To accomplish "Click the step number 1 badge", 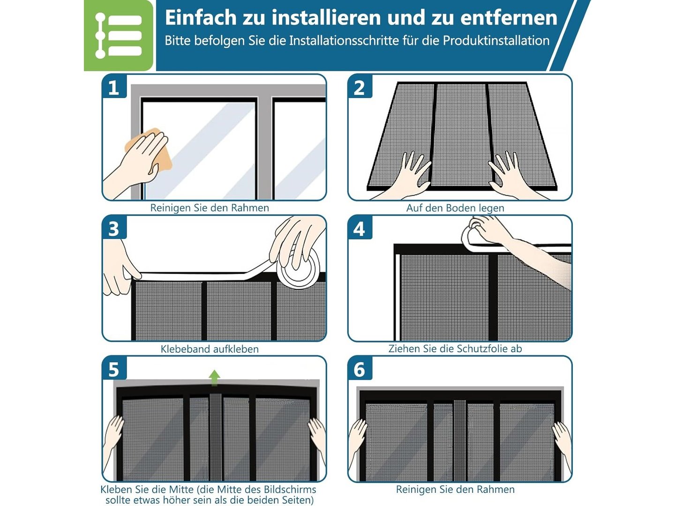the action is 114,87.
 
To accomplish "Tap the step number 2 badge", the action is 360,87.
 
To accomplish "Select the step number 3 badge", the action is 114,228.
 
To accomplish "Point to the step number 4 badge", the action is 360,228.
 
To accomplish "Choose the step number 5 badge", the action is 114,369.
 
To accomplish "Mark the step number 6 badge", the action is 360,369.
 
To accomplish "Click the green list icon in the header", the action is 119,35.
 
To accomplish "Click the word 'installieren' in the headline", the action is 326,17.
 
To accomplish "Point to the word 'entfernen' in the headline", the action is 509,17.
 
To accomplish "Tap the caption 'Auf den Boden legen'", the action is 455,208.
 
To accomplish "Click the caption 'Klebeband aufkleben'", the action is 210,349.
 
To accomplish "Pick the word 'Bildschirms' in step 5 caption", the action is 288,489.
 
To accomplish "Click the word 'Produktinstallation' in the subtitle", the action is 496,41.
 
